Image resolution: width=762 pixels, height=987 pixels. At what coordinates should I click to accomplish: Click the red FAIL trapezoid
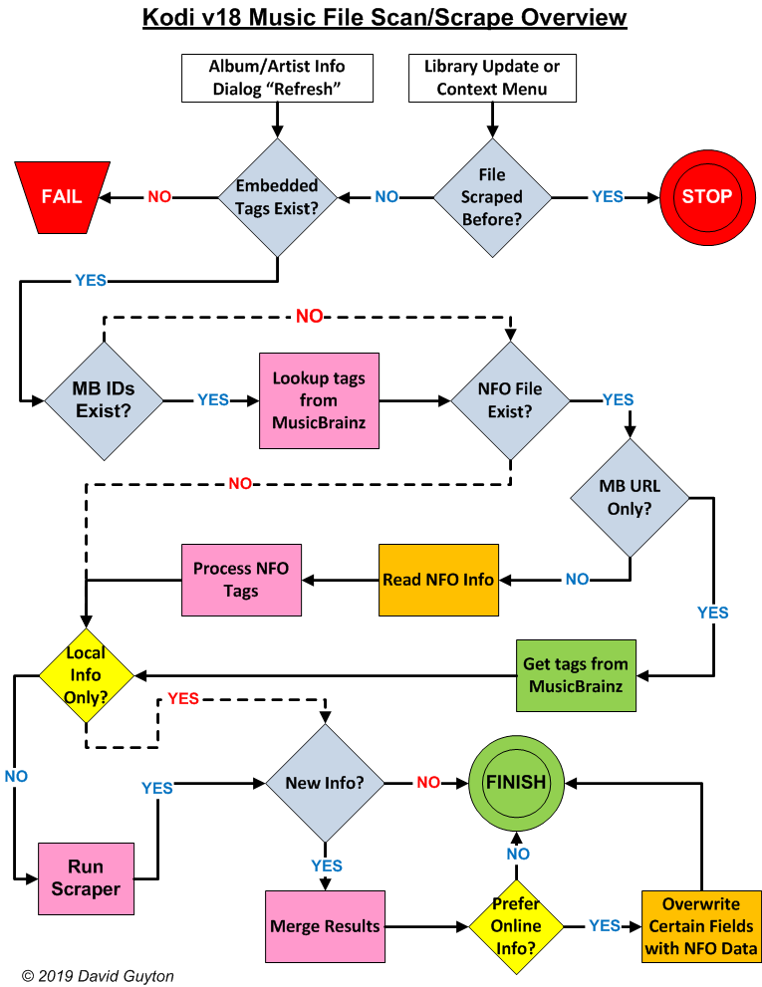pyautogui.click(x=62, y=196)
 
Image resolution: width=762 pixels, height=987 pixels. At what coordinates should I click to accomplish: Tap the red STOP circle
pyautogui.click(x=705, y=196)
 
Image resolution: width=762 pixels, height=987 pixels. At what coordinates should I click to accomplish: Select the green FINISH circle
pyautogui.click(x=515, y=783)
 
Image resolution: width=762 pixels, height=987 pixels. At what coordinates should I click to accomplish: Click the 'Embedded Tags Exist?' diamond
pyautogui.click(x=277, y=196)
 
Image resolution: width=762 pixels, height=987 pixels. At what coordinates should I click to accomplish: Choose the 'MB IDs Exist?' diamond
pyautogui.click(x=104, y=400)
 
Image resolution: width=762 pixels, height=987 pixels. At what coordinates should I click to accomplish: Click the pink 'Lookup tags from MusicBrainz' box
pyautogui.click(x=319, y=400)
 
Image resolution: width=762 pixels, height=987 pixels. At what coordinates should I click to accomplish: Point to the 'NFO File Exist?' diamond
pyautogui.click(x=510, y=400)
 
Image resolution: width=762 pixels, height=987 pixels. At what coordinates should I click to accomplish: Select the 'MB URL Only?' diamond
pyautogui.click(x=630, y=496)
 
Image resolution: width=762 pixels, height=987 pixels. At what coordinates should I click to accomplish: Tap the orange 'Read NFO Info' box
pyautogui.click(x=438, y=579)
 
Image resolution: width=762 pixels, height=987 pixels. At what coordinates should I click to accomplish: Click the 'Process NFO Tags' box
pyautogui.click(x=241, y=579)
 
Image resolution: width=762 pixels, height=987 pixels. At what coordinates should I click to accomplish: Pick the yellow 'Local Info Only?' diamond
pyautogui.click(x=86, y=675)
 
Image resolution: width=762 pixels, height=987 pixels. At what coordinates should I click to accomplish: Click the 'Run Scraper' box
pyautogui.click(x=86, y=877)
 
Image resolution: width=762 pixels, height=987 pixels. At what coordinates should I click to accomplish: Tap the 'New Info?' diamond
pyautogui.click(x=325, y=783)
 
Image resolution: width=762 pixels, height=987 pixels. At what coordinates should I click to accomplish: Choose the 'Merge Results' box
pyautogui.click(x=325, y=926)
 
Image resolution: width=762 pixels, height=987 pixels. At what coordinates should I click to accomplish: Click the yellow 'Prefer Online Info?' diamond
pyautogui.click(x=517, y=926)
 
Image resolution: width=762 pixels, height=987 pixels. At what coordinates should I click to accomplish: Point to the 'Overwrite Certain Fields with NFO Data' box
pyautogui.click(x=701, y=926)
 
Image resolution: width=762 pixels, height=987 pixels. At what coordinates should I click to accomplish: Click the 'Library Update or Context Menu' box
pyautogui.click(x=492, y=78)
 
